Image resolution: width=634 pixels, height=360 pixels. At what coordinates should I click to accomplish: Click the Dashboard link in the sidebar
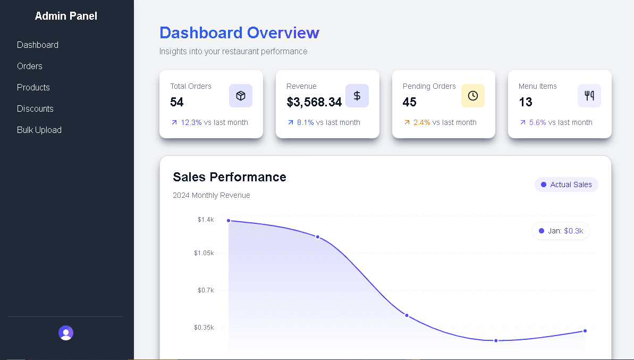(x=38, y=45)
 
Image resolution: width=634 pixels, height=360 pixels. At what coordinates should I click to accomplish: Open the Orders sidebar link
(x=30, y=66)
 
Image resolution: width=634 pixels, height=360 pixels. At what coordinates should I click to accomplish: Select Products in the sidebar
(x=33, y=87)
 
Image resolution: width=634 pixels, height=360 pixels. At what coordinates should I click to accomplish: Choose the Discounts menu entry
(x=35, y=108)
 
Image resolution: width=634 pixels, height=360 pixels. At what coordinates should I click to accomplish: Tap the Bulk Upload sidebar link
(x=39, y=130)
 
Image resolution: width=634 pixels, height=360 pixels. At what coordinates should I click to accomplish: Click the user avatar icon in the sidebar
(x=66, y=333)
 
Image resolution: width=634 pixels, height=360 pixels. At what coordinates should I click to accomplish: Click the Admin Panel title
(x=66, y=16)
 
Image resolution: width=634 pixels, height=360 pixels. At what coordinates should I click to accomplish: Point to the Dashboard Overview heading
(x=239, y=33)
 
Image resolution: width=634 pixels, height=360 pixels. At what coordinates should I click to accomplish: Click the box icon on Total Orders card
(x=241, y=96)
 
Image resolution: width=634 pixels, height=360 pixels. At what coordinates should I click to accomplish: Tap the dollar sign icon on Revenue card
(x=357, y=96)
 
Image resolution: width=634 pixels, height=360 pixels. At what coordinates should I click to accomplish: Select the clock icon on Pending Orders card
(x=473, y=96)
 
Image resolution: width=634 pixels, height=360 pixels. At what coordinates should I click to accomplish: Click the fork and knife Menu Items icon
(x=589, y=96)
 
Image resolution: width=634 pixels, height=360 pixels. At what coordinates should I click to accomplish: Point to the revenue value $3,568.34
(x=314, y=102)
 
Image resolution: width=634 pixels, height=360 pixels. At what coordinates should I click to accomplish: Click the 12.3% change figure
(x=191, y=122)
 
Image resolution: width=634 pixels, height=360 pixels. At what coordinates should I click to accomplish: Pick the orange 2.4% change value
(x=422, y=122)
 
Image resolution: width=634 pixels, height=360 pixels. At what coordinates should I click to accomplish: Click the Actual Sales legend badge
(x=567, y=185)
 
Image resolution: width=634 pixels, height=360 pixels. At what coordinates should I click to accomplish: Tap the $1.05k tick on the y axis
(x=204, y=253)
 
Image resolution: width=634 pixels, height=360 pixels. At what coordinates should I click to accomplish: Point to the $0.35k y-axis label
(x=204, y=328)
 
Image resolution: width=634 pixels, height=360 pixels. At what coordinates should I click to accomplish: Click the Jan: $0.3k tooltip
(x=561, y=231)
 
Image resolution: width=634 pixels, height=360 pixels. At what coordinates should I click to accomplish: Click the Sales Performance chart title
(x=230, y=177)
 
